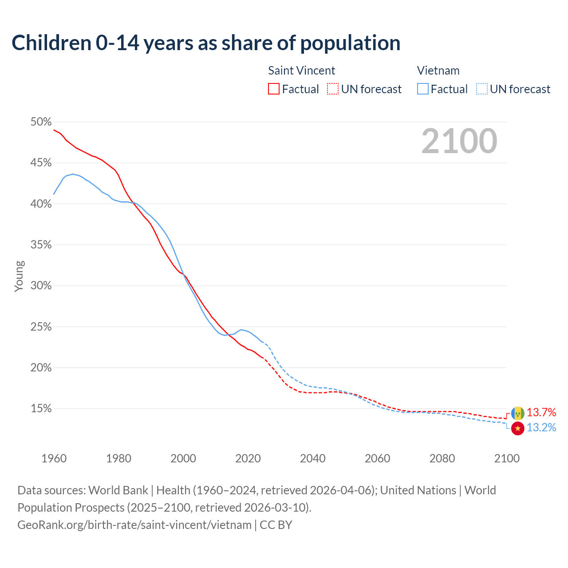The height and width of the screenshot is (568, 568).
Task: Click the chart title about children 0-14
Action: (x=206, y=43)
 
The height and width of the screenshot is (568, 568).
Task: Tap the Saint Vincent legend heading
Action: (x=301, y=71)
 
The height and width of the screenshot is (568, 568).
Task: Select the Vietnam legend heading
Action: (x=438, y=71)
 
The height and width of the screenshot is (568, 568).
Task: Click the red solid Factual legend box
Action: (x=274, y=89)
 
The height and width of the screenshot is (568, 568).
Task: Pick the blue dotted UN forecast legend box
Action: (x=482, y=89)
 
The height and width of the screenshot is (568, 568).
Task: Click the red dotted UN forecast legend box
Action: (x=333, y=89)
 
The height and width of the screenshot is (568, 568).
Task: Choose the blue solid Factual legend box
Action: (x=422, y=89)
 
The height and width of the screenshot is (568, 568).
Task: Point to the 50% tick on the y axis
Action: (x=41, y=122)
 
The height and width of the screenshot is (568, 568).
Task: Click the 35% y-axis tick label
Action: (x=41, y=245)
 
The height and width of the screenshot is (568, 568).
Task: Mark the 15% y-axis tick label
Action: (x=41, y=409)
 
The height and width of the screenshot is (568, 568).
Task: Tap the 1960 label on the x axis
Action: (x=54, y=458)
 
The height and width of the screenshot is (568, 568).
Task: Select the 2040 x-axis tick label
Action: (x=312, y=458)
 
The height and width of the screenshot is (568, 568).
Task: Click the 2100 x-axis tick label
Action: (x=506, y=458)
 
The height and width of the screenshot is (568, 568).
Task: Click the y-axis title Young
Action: (x=19, y=276)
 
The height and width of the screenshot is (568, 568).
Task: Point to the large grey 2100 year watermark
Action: (x=459, y=141)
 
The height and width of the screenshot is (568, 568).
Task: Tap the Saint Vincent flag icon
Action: (x=517, y=413)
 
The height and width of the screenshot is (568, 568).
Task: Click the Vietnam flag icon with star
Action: (x=517, y=428)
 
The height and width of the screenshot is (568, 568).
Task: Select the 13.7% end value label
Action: (x=541, y=413)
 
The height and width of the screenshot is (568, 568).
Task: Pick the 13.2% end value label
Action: (x=541, y=428)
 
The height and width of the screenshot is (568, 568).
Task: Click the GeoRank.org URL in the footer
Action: (x=134, y=525)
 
